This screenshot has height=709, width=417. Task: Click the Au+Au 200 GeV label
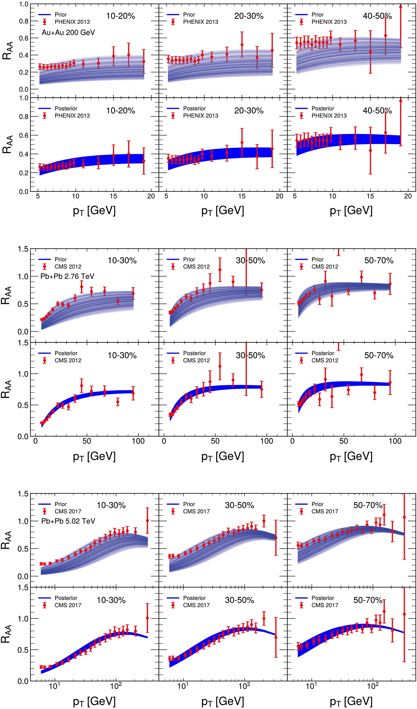(68, 33)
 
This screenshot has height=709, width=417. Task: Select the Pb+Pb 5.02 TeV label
(68, 521)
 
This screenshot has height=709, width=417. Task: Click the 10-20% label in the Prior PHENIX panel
(120, 16)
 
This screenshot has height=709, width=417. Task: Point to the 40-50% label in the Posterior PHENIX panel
(377, 111)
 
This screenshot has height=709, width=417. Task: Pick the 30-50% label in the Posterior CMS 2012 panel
(250, 355)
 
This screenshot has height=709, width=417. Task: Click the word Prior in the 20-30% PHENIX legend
(189, 15)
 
